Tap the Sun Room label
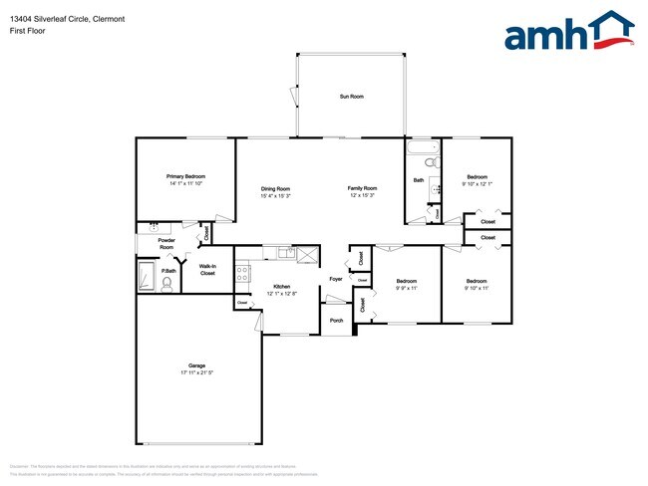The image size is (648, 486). coord(351,97)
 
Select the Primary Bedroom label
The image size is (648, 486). coord(185,176)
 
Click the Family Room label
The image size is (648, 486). coord(362,188)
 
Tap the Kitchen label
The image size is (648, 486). coord(282,286)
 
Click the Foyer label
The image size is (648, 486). coord(336,279)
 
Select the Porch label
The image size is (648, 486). coord(336,321)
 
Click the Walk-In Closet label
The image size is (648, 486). coord(207,269)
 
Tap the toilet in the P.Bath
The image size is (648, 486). coord(167,285)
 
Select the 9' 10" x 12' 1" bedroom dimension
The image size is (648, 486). coord(478,183)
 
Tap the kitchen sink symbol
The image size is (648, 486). coord(286,254)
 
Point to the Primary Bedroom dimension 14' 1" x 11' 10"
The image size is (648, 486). coord(185,183)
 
